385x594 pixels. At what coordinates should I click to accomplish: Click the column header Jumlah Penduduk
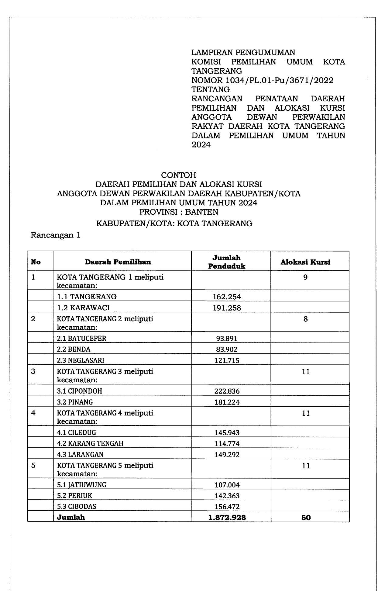pyautogui.click(x=226, y=262)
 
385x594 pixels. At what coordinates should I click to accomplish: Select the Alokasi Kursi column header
pyautogui.click(x=305, y=262)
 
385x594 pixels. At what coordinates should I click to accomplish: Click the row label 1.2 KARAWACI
pyautogui.click(x=83, y=307)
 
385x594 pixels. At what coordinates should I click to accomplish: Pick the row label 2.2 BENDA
pyautogui.click(x=74, y=349)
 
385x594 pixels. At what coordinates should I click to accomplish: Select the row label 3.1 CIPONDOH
pyautogui.click(x=79, y=391)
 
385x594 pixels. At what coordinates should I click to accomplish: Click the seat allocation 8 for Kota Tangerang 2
pyautogui.click(x=305, y=319)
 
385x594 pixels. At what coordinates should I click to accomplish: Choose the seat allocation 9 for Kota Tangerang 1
pyautogui.click(x=305, y=277)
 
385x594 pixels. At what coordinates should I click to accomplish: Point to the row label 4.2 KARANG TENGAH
pyautogui.click(x=90, y=443)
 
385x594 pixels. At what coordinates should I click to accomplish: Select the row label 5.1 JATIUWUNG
pyautogui.click(x=82, y=485)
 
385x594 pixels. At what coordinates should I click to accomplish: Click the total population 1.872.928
pyautogui.click(x=227, y=517)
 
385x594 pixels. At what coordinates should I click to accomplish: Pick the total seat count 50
pyautogui.click(x=306, y=517)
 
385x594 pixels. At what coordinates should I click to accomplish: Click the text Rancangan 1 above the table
pyautogui.click(x=56, y=235)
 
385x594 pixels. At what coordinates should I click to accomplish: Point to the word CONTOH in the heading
pyautogui.click(x=178, y=175)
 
